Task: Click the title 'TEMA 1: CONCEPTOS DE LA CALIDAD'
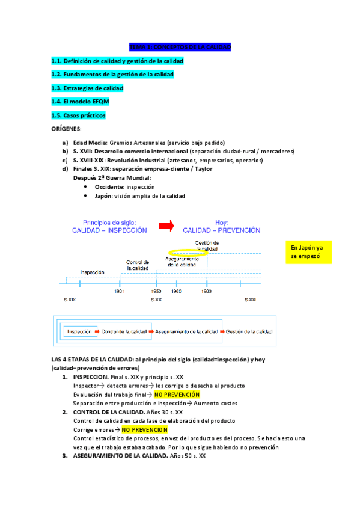(x=180, y=46)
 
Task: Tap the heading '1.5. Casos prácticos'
(x=81, y=115)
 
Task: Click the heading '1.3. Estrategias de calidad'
(x=87, y=88)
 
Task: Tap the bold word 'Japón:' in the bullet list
(x=106, y=196)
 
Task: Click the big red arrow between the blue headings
(x=166, y=225)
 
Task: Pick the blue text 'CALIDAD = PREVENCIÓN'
(x=222, y=230)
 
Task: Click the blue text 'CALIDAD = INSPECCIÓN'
(x=109, y=230)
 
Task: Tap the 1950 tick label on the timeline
(x=156, y=290)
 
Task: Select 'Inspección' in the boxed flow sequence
(x=79, y=331)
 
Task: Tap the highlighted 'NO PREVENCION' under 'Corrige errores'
(x=145, y=430)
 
